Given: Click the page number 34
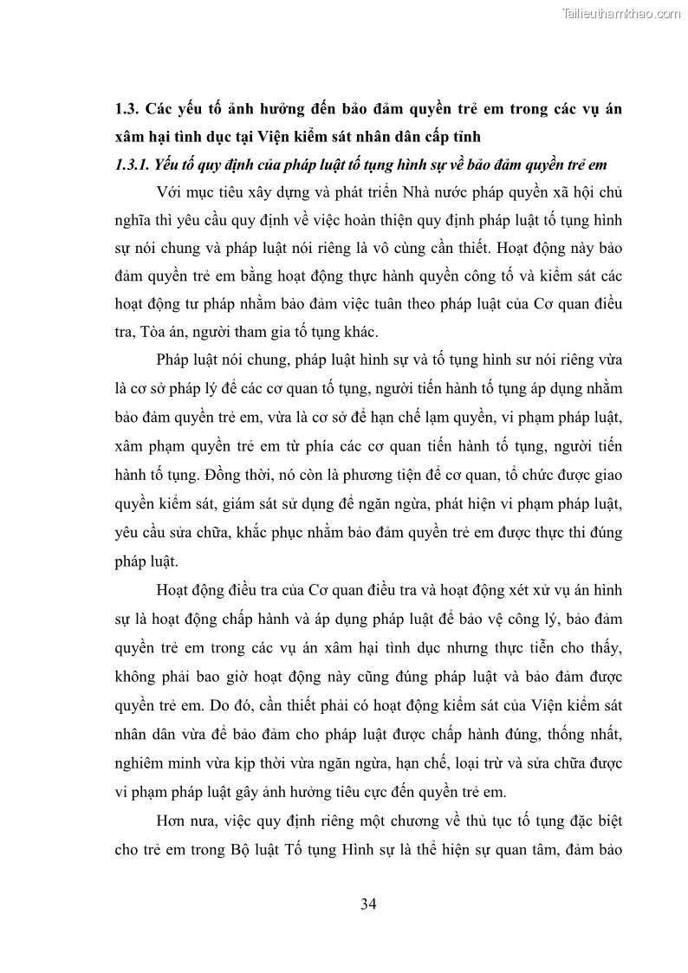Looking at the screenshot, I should [367, 905].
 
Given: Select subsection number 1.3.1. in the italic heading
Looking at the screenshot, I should [133, 165].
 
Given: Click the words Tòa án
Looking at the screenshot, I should [164, 331].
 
